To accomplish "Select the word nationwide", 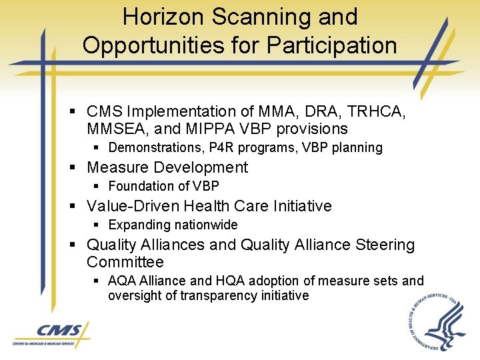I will [x=206, y=225].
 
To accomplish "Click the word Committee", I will [x=125, y=262].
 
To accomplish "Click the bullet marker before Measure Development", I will [x=78, y=168].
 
